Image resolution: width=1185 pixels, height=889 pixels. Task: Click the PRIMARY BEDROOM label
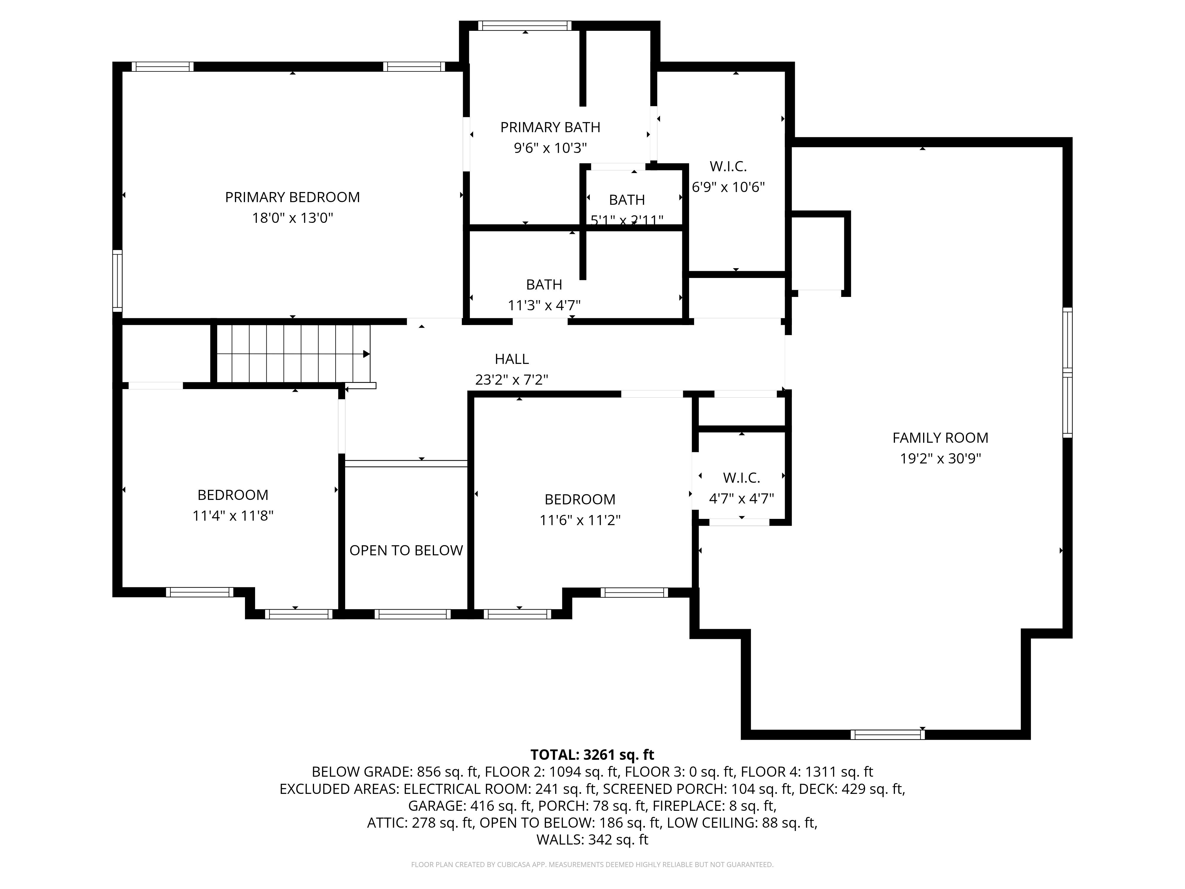coord(292,197)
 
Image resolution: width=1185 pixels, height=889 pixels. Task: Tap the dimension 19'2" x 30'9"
coord(940,459)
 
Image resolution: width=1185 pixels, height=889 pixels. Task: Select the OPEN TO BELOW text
coord(406,550)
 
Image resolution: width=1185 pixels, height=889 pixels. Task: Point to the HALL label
coord(512,359)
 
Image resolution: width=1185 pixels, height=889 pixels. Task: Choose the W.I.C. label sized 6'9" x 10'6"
coord(728,167)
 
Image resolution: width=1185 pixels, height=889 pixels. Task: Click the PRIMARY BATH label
coord(550,127)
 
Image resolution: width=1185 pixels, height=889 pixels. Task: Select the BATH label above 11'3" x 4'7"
coord(544,284)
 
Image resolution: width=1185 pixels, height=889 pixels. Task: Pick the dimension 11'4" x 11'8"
coord(233,516)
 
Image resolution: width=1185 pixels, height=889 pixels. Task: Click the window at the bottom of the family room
coord(887,735)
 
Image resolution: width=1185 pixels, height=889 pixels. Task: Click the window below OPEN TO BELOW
coord(412,614)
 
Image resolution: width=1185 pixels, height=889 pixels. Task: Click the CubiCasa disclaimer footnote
coord(592,864)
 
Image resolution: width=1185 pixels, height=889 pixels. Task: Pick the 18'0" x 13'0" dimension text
coord(292,218)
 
